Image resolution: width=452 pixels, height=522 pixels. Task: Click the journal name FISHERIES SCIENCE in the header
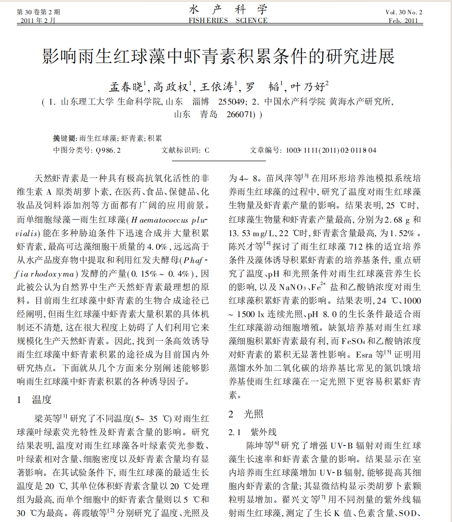click(228, 20)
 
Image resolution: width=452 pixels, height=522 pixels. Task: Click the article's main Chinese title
click(218, 56)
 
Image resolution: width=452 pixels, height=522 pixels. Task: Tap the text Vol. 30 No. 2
click(403, 12)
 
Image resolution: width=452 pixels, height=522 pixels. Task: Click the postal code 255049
click(232, 102)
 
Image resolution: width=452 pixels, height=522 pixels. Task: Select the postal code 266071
click(241, 114)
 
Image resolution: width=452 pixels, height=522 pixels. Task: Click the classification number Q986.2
click(108, 150)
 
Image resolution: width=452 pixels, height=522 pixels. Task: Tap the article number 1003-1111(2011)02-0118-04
click(331, 150)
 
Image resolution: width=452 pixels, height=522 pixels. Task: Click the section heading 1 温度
click(34, 400)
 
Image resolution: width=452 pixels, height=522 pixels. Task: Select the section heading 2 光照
click(246, 414)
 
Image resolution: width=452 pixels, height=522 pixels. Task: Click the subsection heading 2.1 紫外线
click(252, 432)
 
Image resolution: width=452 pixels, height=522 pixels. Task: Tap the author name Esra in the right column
click(364, 355)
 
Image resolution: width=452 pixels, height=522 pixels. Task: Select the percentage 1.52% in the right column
click(402, 233)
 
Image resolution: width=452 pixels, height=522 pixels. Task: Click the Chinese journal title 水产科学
click(228, 9)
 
